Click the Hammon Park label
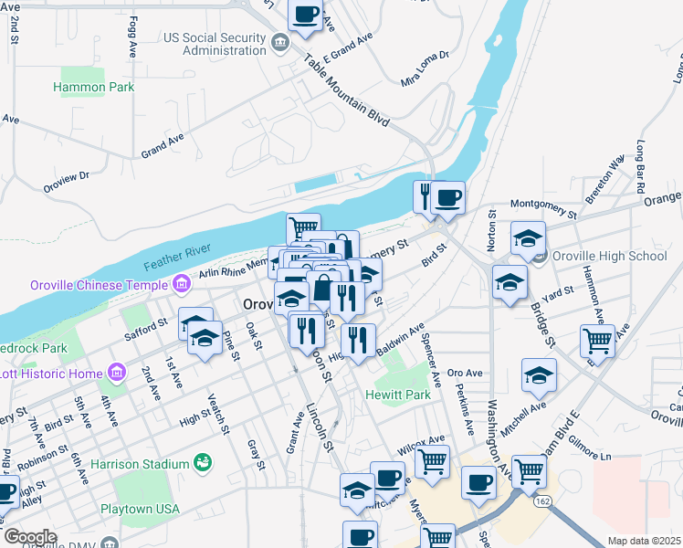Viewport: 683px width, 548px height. click(94, 87)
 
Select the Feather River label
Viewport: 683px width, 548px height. click(177, 256)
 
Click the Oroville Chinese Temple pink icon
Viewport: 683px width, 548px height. click(182, 283)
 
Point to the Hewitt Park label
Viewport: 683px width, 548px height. click(397, 395)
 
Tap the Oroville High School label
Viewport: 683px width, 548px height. click(610, 256)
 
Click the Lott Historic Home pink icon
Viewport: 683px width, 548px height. click(116, 372)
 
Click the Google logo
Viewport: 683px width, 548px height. click(29, 537)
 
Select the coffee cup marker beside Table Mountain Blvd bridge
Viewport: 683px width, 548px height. click(447, 197)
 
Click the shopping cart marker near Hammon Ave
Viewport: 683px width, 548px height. click(597, 341)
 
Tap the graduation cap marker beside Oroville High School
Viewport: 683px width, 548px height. click(528, 238)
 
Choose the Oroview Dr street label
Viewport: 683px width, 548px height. click(66, 182)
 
